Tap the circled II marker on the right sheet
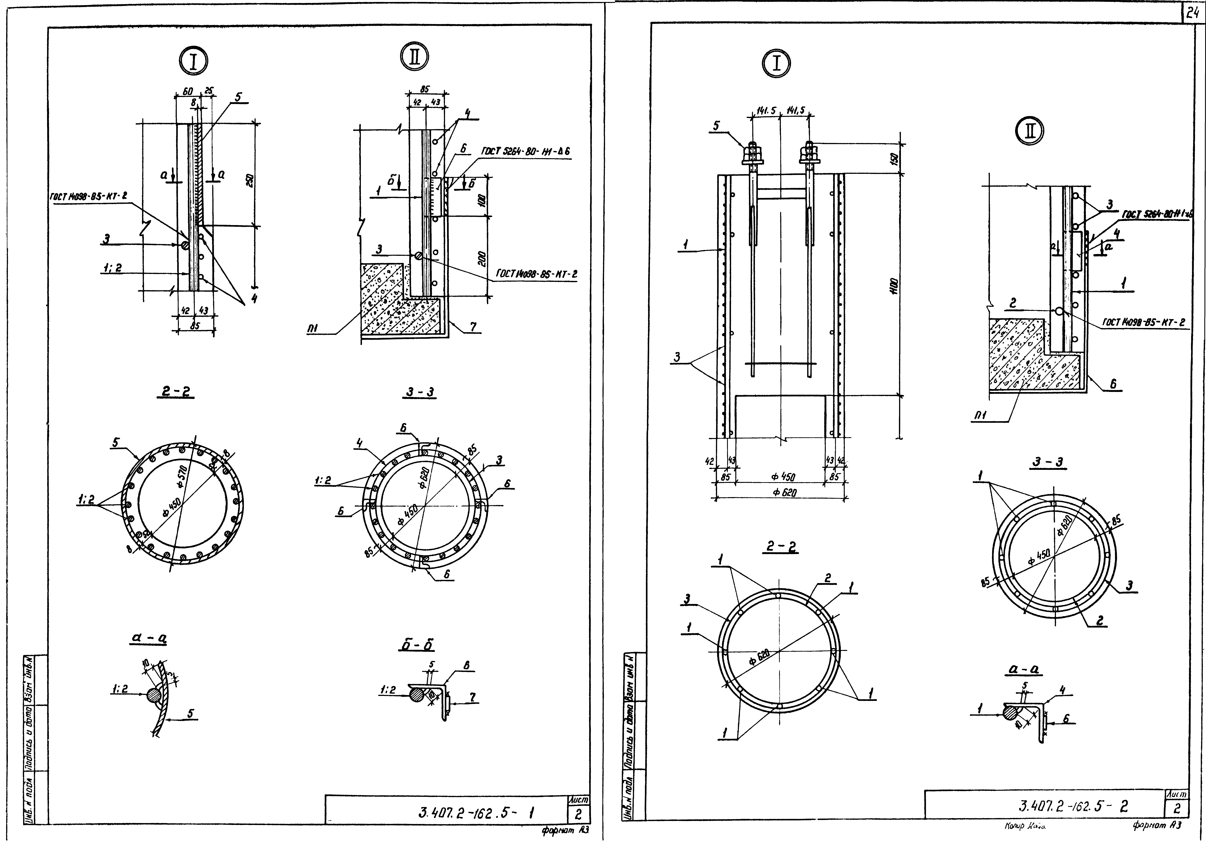[x=1030, y=132]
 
